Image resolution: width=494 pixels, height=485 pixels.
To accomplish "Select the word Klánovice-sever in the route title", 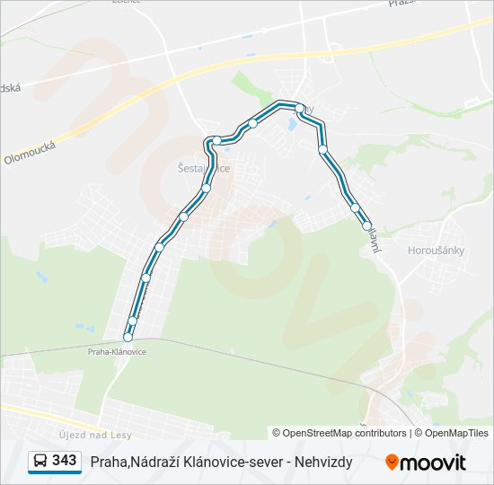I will pyautogui.click(x=235, y=462).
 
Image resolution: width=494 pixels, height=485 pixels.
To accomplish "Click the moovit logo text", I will pyautogui.click(x=434, y=463).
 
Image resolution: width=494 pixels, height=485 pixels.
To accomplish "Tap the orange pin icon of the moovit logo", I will pyautogui.click(x=393, y=463).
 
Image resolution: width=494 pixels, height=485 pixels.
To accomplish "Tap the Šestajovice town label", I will pyautogui.click(x=204, y=168).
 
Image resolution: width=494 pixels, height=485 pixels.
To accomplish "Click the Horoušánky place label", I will pyautogui.click(x=436, y=251).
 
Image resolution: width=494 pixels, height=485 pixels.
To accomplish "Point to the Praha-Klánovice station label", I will pyautogui.click(x=117, y=352).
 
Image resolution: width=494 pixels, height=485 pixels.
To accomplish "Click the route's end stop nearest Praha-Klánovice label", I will pyautogui.click(x=128, y=338).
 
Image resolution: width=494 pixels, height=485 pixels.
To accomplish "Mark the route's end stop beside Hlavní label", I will pyautogui.click(x=366, y=226).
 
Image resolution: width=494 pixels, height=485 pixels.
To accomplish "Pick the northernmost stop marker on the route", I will pyautogui.click(x=300, y=108).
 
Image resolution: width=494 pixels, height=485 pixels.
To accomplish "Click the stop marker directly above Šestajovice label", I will pyautogui.click(x=216, y=140).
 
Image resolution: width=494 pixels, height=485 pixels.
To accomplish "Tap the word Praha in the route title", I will pyautogui.click(x=108, y=462).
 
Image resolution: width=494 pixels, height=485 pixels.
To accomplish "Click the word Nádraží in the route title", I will pyautogui.click(x=156, y=462).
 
